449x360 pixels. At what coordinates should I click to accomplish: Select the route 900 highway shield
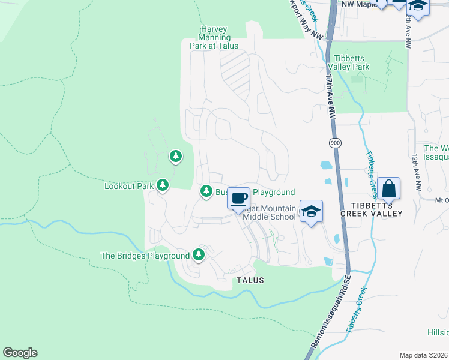(x=334, y=143)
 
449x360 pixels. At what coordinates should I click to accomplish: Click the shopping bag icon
(x=389, y=188)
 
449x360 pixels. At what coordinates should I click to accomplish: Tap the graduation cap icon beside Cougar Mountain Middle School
(x=311, y=211)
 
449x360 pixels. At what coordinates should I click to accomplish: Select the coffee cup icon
(x=239, y=198)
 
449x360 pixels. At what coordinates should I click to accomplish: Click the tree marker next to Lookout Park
(x=162, y=185)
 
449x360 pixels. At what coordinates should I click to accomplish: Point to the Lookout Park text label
(x=129, y=186)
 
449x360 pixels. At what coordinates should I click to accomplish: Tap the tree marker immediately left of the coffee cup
(x=206, y=191)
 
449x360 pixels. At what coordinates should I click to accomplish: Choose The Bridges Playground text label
(x=145, y=256)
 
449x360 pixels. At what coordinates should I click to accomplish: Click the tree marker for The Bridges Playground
(x=199, y=255)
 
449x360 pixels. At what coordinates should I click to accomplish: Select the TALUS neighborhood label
(x=250, y=280)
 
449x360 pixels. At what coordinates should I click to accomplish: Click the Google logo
(x=20, y=353)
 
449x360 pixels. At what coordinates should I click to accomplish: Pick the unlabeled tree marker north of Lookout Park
(x=175, y=157)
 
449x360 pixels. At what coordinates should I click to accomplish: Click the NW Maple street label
(x=355, y=5)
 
